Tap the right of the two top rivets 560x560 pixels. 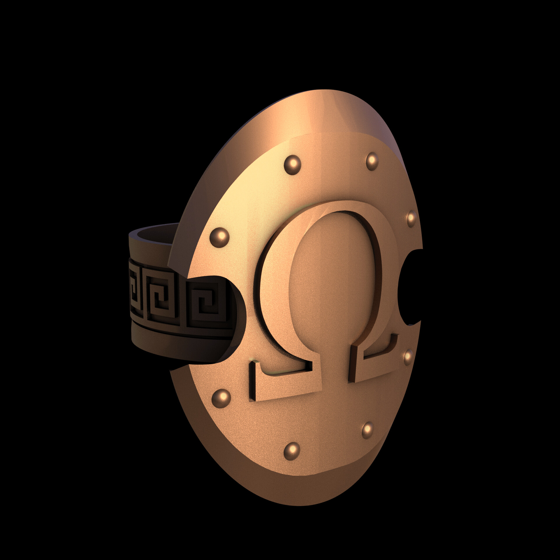click(x=372, y=161)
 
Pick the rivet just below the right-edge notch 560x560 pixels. click(x=408, y=357)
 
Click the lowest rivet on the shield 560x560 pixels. click(x=292, y=451)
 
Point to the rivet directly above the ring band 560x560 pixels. click(x=219, y=237)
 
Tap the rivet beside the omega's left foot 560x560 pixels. click(x=221, y=398)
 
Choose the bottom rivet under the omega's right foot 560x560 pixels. click(x=367, y=430)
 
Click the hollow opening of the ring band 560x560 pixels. click(x=155, y=235)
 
